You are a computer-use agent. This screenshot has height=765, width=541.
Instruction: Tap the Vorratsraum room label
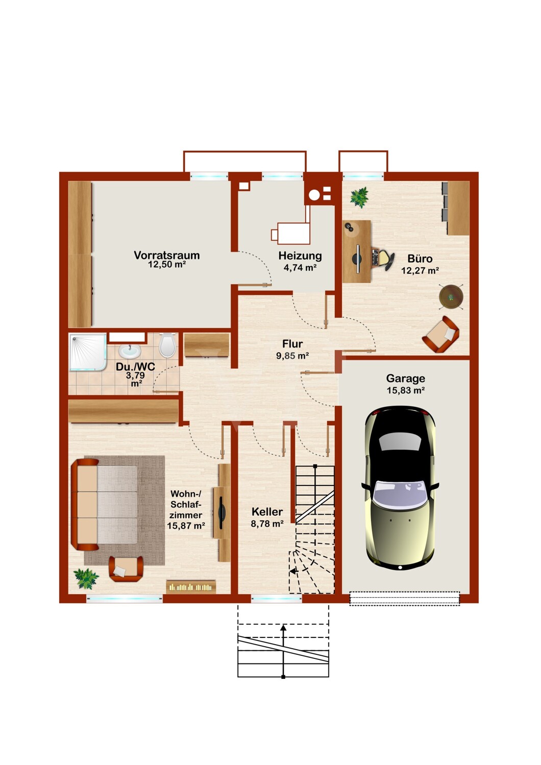pyautogui.click(x=166, y=255)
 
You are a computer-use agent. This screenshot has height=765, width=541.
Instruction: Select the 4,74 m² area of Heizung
pyautogui.click(x=300, y=267)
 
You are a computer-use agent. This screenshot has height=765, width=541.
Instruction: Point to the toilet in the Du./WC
pyautogui.click(x=167, y=345)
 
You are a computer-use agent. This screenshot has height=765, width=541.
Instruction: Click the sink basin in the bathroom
pyautogui.click(x=130, y=350)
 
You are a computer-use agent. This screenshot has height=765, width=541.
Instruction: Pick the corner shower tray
pyautogui.click(x=87, y=352)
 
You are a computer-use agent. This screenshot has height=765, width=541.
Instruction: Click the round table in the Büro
pyautogui.click(x=451, y=297)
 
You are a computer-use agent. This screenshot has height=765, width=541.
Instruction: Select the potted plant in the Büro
pyautogui.click(x=359, y=197)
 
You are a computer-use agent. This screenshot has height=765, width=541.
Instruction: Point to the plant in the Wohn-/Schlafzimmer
pyautogui.click(x=86, y=578)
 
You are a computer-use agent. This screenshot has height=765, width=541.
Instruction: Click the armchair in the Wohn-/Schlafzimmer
pyautogui.click(x=126, y=569)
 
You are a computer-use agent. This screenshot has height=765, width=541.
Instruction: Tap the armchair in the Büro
pyautogui.click(x=441, y=334)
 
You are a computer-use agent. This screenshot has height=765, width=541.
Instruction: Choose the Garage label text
pyautogui.click(x=405, y=378)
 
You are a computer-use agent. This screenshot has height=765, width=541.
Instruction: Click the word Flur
pyautogui.click(x=292, y=344)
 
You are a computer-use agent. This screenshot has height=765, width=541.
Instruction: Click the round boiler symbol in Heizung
pyautogui.click(x=314, y=195)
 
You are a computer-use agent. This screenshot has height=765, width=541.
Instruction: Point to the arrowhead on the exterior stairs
pyautogui.click(x=283, y=627)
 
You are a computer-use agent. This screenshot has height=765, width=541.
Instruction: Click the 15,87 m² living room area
pyautogui.click(x=186, y=526)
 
